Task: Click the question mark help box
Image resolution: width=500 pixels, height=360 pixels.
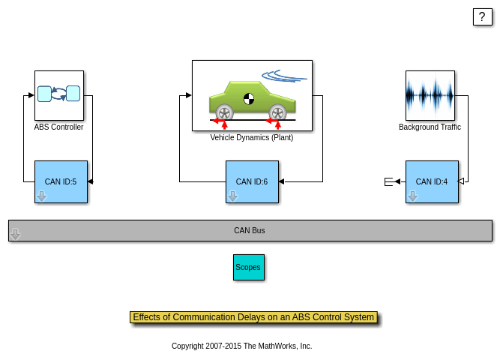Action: pyautogui.click(x=482, y=16)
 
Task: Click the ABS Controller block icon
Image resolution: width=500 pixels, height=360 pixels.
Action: pyautogui.click(x=58, y=94)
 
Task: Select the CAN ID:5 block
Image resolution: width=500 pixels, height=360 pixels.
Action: pyautogui.click(x=61, y=181)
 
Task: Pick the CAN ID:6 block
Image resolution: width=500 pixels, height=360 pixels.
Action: pyautogui.click(x=252, y=181)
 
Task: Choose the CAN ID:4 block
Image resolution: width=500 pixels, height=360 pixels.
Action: pyautogui.click(x=432, y=181)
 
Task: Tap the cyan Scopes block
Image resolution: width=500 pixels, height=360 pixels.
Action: pyautogui.click(x=248, y=267)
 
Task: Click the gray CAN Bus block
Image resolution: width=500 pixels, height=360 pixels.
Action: pyautogui.click(x=250, y=230)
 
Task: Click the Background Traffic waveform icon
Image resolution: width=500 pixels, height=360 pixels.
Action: pyautogui.click(x=430, y=95)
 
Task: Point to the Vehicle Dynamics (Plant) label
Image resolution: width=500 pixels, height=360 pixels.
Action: pyautogui.click(x=251, y=138)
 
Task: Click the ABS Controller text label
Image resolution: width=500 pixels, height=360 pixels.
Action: pyautogui.click(x=58, y=127)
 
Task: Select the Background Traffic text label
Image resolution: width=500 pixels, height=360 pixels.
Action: pyautogui.click(x=430, y=127)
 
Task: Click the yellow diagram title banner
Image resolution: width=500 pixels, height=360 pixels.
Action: pyautogui.click(x=253, y=317)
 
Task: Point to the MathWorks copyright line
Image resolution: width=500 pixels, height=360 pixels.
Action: pyautogui.click(x=241, y=346)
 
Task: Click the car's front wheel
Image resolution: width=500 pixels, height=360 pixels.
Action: pyautogui.click(x=277, y=113)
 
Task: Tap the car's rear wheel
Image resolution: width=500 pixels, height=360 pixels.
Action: pyautogui.click(x=224, y=113)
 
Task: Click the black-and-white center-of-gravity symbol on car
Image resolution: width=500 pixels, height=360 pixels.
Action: pyautogui.click(x=249, y=98)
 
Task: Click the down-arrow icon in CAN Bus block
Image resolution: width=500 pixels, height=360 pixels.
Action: pyautogui.click(x=15, y=234)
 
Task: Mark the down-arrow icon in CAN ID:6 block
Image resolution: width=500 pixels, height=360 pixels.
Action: pyautogui.click(x=232, y=196)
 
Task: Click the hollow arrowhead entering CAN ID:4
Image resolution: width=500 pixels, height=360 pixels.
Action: pyautogui.click(x=461, y=181)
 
